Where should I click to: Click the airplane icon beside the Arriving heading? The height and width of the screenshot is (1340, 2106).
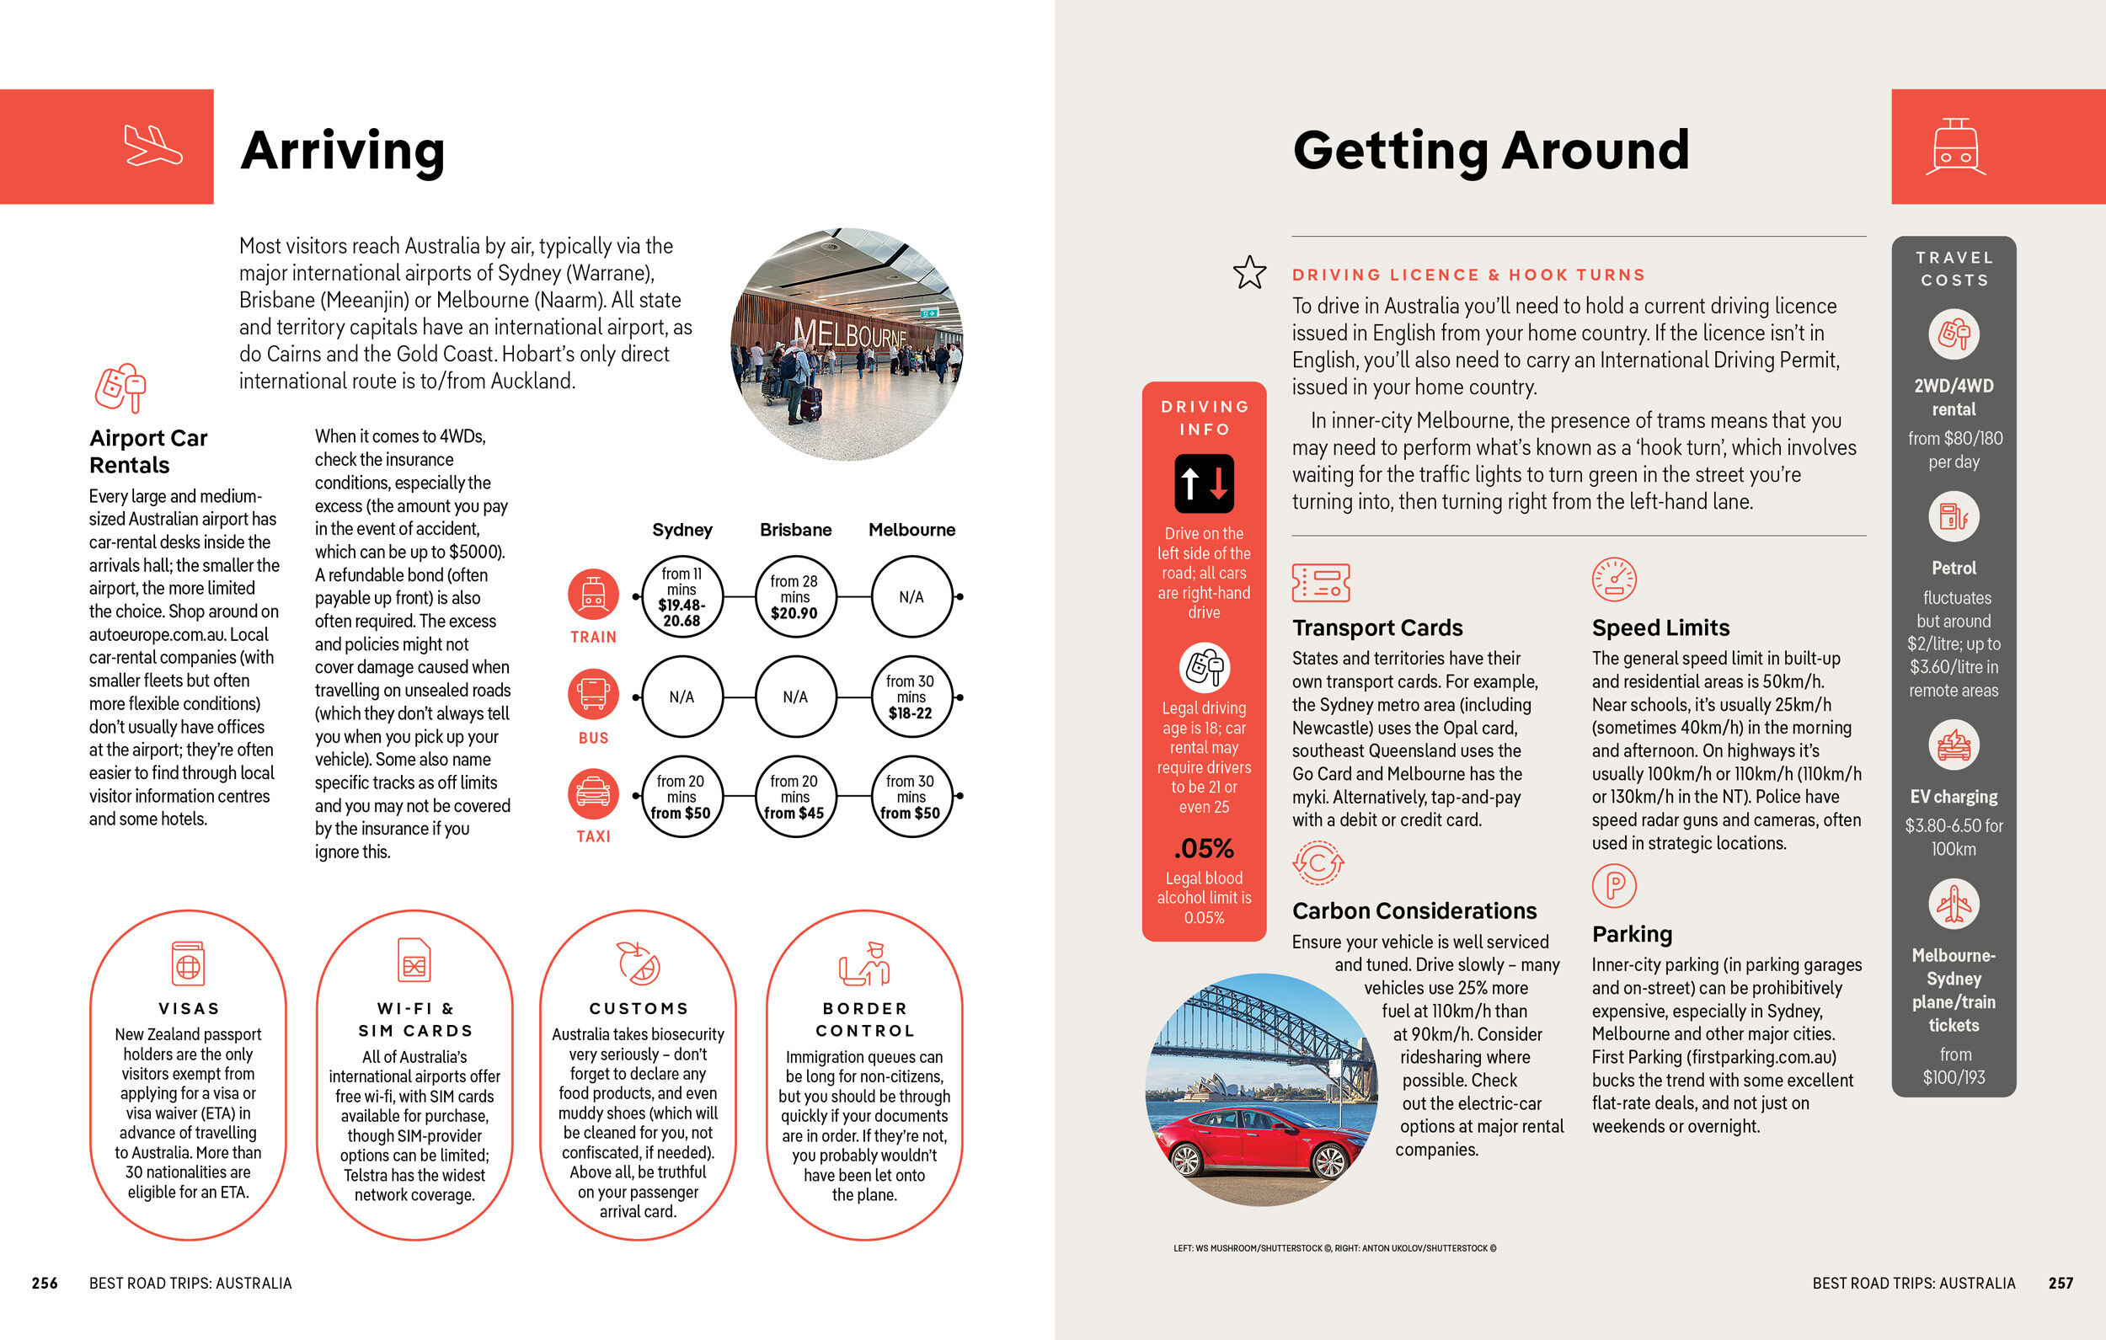(153, 145)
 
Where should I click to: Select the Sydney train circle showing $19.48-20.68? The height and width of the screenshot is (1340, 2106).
(682, 596)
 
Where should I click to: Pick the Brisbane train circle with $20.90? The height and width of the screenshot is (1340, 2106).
(795, 596)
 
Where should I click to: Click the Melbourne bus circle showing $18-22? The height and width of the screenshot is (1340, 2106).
(911, 697)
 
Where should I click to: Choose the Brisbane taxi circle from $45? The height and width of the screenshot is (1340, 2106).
(795, 796)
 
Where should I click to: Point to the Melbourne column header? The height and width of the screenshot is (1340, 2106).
(911, 530)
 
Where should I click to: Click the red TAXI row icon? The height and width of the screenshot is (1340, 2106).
(593, 793)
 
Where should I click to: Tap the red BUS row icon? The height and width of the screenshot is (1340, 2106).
(593, 694)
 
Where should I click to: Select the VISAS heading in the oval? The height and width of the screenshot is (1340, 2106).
(189, 1008)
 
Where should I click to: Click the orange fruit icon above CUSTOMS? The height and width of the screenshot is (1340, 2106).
(639, 963)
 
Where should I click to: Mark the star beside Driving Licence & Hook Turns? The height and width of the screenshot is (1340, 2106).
(1249, 273)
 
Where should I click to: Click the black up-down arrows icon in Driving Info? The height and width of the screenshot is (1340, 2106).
(1204, 483)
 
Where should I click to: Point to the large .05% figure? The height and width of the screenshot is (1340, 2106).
(1204, 848)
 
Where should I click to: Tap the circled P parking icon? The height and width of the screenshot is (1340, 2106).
(1613, 885)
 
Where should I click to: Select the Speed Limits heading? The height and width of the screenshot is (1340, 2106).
(1660, 628)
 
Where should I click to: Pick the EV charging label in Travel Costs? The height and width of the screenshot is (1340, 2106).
(1953, 797)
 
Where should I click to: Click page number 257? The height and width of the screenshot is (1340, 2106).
(2061, 1283)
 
